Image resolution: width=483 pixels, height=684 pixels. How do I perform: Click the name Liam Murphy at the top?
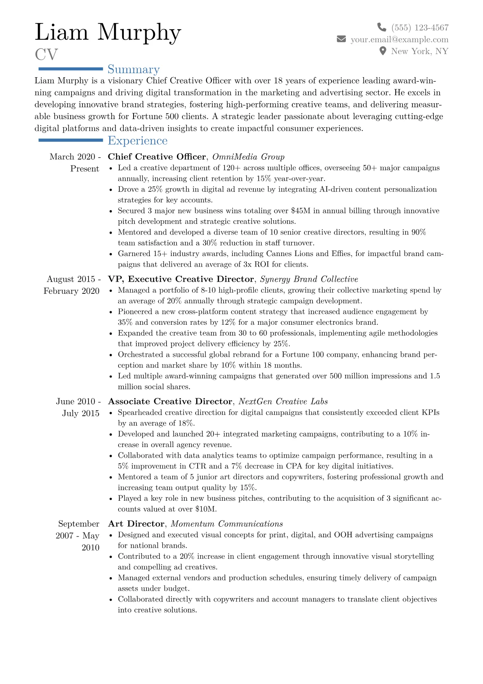coord(108,32)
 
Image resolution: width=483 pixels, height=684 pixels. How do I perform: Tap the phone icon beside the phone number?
coord(382,27)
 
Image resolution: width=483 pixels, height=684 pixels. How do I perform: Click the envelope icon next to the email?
coord(341,39)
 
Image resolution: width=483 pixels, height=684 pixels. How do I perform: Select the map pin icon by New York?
coord(382,51)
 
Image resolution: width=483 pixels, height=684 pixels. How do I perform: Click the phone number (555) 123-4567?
coord(420,28)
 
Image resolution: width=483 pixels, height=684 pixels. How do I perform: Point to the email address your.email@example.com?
coord(399,39)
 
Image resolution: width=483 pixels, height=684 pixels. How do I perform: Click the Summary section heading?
coord(134,69)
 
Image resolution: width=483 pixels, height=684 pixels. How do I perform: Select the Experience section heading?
coord(138,141)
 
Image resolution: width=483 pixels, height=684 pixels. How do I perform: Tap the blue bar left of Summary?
coord(70,69)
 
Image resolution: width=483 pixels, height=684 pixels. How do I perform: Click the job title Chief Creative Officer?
coord(157,157)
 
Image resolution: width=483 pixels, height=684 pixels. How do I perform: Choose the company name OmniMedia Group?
coord(248,157)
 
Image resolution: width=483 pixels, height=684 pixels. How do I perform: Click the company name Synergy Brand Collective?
coord(309,279)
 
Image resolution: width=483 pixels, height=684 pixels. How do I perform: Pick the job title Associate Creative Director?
coord(170,402)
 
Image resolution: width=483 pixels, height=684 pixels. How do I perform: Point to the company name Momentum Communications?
coord(227,524)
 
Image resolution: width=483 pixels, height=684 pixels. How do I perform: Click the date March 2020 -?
coord(75,157)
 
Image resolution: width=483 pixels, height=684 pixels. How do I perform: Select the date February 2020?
coord(71,291)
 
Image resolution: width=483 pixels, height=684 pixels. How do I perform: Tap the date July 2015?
coord(80,413)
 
